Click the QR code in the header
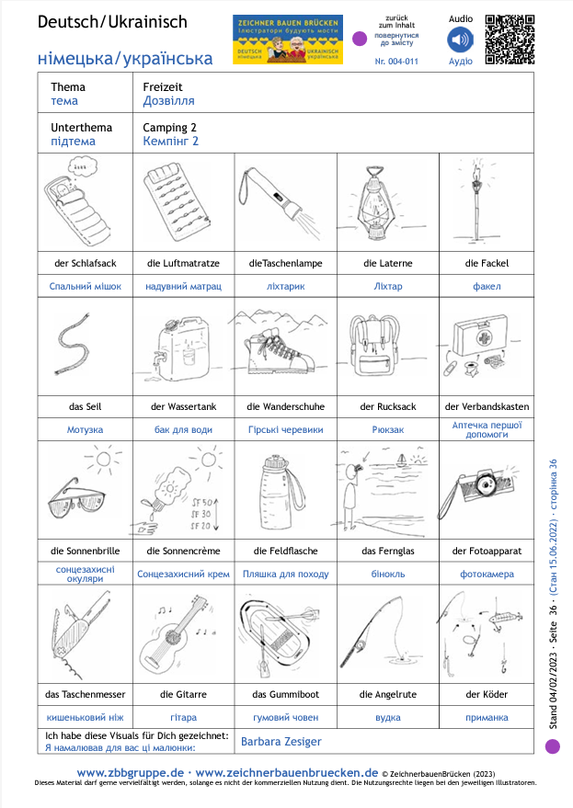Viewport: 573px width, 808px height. (x=509, y=40)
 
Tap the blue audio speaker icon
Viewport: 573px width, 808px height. (x=460, y=40)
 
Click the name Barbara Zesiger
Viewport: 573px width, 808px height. (x=281, y=741)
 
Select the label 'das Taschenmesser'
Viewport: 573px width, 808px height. (x=85, y=694)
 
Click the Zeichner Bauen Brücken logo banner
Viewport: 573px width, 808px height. (x=288, y=40)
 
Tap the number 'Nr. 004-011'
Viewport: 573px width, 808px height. (x=396, y=61)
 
